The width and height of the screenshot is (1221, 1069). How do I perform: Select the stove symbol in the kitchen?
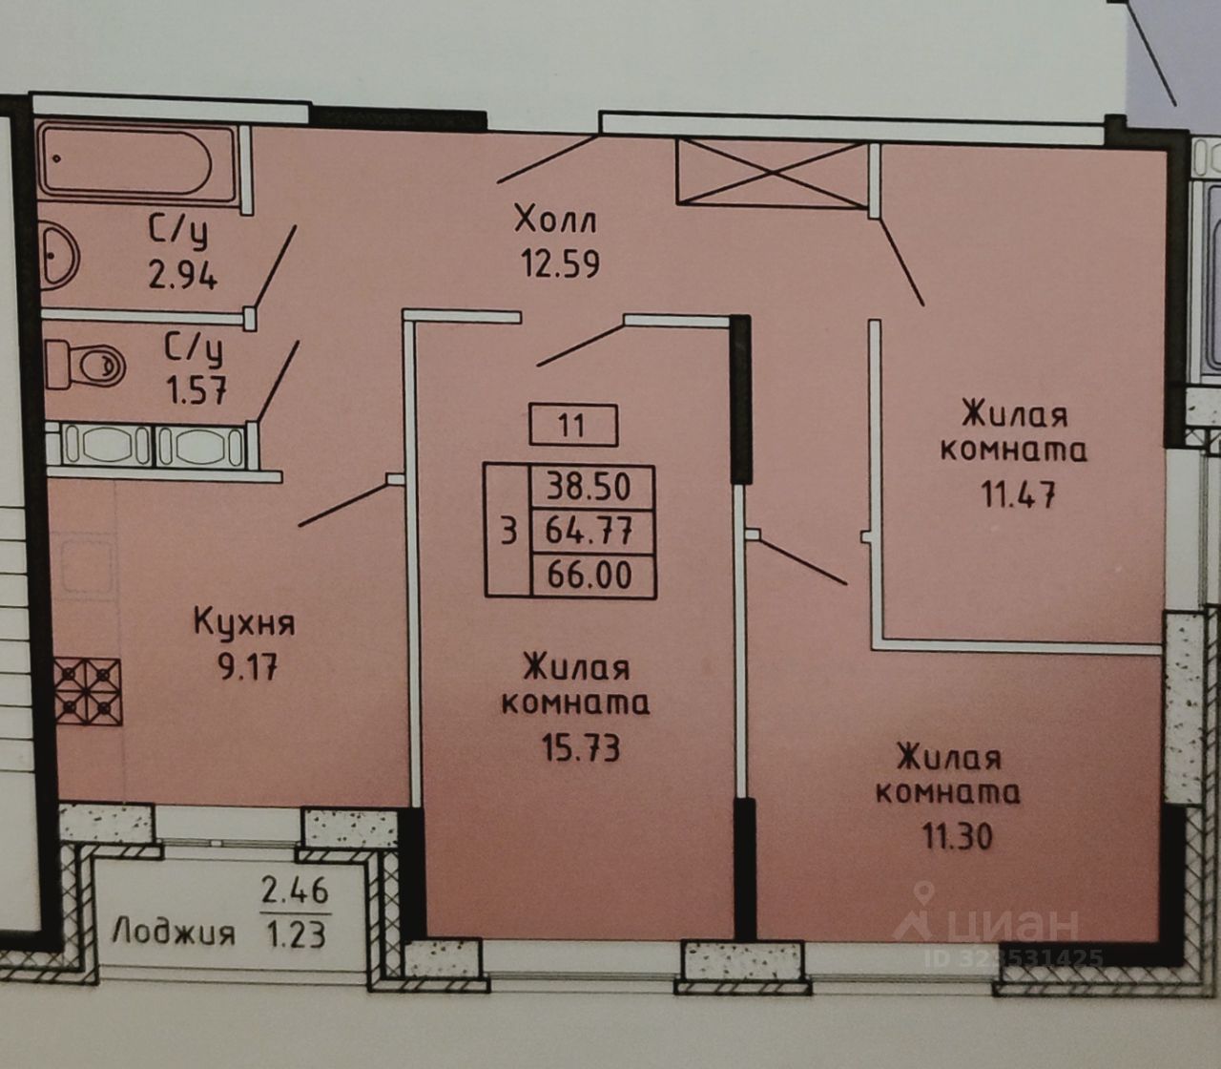86,688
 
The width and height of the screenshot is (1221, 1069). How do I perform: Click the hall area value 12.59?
559,262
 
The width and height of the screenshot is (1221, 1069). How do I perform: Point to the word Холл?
555,221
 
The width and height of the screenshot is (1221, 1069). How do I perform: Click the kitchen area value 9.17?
246,665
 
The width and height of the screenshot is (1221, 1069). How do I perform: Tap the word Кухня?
245,624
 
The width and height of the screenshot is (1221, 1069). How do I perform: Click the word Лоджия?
173,932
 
